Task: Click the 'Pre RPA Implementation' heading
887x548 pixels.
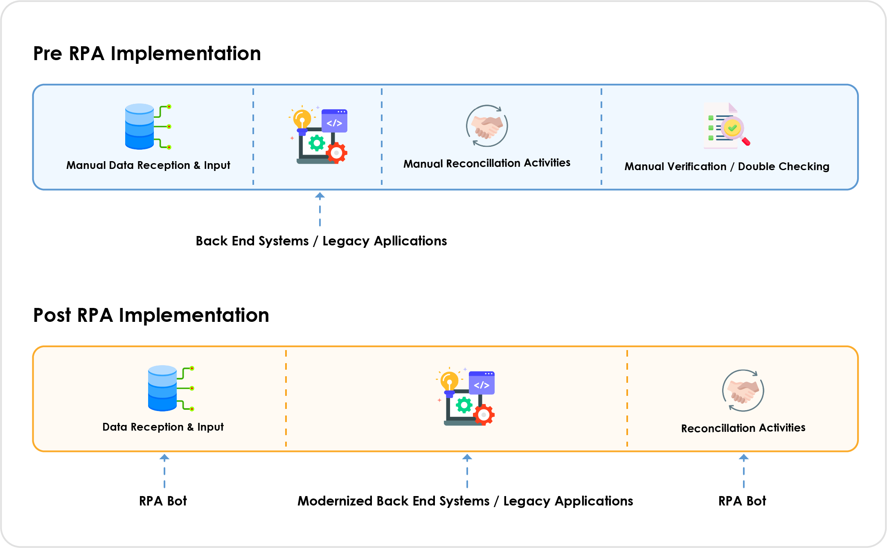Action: (147, 54)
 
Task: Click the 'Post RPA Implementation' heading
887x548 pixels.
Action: (151, 315)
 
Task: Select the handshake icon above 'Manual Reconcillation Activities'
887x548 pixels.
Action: (487, 126)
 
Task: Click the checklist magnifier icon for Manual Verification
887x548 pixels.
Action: (727, 126)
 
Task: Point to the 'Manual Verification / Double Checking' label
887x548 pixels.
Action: (727, 166)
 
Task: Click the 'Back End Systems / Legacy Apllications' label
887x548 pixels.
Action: (321, 241)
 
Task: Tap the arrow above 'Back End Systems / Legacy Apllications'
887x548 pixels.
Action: (320, 209)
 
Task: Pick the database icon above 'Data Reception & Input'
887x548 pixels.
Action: (171, 388)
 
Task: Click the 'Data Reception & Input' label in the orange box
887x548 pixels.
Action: (163, 427)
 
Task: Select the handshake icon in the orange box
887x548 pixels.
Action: (743, 391)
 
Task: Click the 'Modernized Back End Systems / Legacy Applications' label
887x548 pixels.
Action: (465, 501)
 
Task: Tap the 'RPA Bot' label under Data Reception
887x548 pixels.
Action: (163, 501)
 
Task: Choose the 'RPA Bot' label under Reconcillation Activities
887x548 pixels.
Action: (742, 501)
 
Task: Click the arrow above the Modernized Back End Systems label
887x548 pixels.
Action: (467, 471)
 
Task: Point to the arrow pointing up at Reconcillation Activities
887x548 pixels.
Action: (744, 471)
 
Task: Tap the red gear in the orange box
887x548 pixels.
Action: (484, 415)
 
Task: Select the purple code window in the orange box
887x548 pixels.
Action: (482, 383)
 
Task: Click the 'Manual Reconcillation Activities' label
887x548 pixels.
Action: (487, 163)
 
